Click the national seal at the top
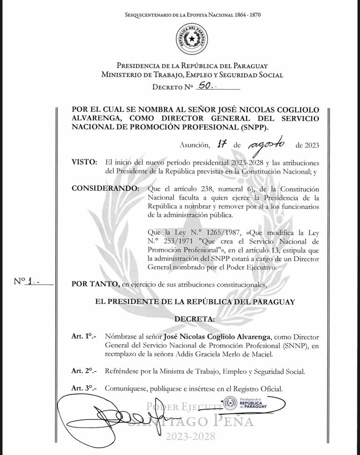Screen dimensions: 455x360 (x=192, y=38)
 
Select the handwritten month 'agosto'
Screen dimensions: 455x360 (x=267, y=144)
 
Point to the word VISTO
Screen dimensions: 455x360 (x=84, y=162)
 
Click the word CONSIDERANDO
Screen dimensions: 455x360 (x=105, y=189)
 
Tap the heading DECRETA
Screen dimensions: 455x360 (x=194, y=319)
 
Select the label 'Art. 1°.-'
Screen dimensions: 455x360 (x=84, y=336)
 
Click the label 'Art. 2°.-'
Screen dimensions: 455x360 (x=84, y=371)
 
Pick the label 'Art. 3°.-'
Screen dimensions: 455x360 (x=84, y=389)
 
